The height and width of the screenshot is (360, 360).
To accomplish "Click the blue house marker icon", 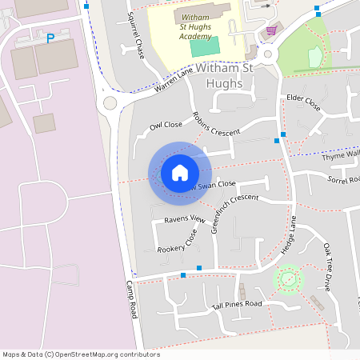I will tap(180, 172).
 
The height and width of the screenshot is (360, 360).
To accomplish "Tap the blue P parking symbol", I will tap(50, 38).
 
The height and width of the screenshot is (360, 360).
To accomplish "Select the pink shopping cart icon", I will tap(272, 30).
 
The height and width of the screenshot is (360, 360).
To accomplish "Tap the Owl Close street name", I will tap(166, 125).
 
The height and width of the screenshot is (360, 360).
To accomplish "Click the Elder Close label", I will tap(303, 104).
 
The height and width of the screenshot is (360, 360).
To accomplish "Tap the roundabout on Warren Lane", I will tap(110, 102).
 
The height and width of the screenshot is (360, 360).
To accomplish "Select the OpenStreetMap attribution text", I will tap(81, 354).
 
